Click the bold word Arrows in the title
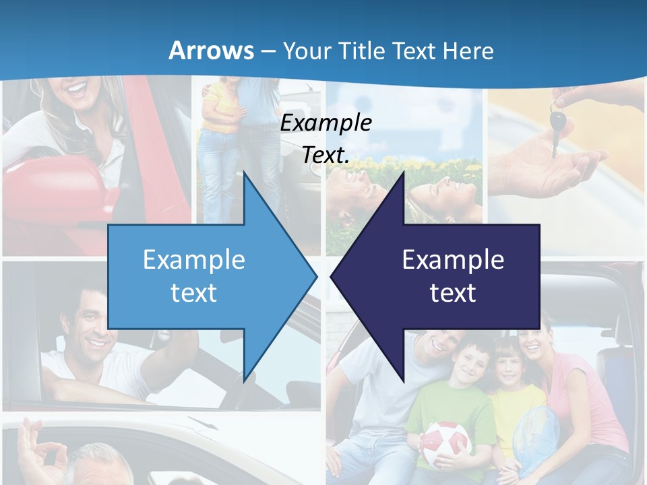(x=210, y=51)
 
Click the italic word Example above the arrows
(x=326, y=123)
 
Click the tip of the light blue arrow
(x=315, y=276)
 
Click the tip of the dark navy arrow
(x=333, y=276)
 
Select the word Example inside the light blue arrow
(x=194, y=260)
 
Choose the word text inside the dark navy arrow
(x=453, y=293)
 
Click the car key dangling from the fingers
(x=557, y=125)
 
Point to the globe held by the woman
(x=536, y=437)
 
